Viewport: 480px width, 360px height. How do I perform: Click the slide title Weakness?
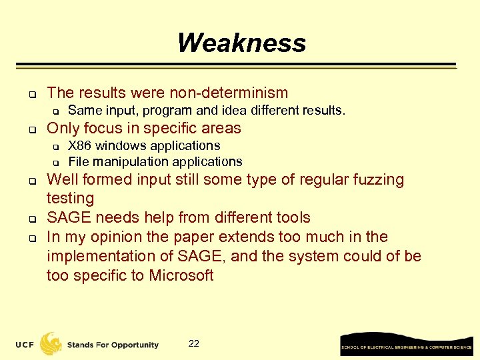241,43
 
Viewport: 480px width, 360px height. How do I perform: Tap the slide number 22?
194,343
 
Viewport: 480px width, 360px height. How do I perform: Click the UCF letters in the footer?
26,345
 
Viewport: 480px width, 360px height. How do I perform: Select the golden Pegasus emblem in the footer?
51,343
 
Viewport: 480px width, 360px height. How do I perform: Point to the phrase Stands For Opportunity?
113,345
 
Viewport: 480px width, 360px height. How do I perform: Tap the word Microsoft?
181,275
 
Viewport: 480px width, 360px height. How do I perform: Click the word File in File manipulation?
79,161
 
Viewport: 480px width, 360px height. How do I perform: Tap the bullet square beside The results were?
31,93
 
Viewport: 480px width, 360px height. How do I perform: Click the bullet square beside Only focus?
31,128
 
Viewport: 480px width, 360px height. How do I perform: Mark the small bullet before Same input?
57,111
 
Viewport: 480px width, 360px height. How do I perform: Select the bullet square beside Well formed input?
31,180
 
